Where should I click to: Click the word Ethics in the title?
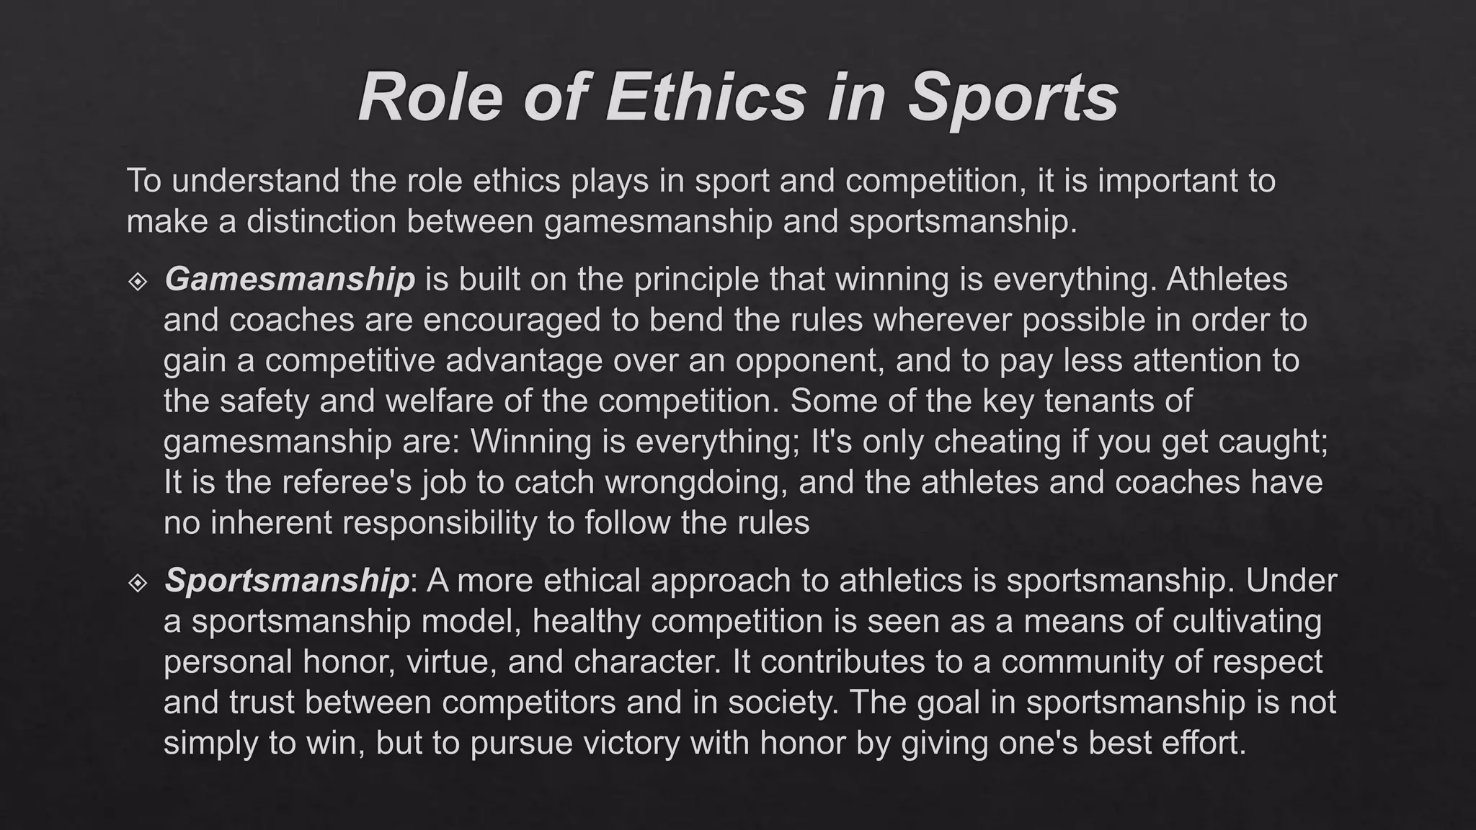pos(706,98)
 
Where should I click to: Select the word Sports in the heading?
pos(1013,98)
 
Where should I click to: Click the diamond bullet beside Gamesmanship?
pos(138,281)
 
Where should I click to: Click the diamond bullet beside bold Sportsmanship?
pos(138,582)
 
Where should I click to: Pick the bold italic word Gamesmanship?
pos(289,280)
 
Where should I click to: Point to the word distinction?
pos(321,221)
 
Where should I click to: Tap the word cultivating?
pos(1247,621)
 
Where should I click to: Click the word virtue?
pos(452,661)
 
